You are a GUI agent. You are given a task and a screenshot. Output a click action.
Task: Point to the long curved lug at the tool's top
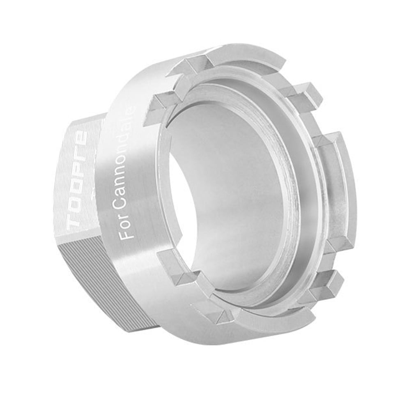click(242, 62)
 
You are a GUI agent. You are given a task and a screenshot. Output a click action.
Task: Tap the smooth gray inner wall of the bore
click(238, 197)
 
